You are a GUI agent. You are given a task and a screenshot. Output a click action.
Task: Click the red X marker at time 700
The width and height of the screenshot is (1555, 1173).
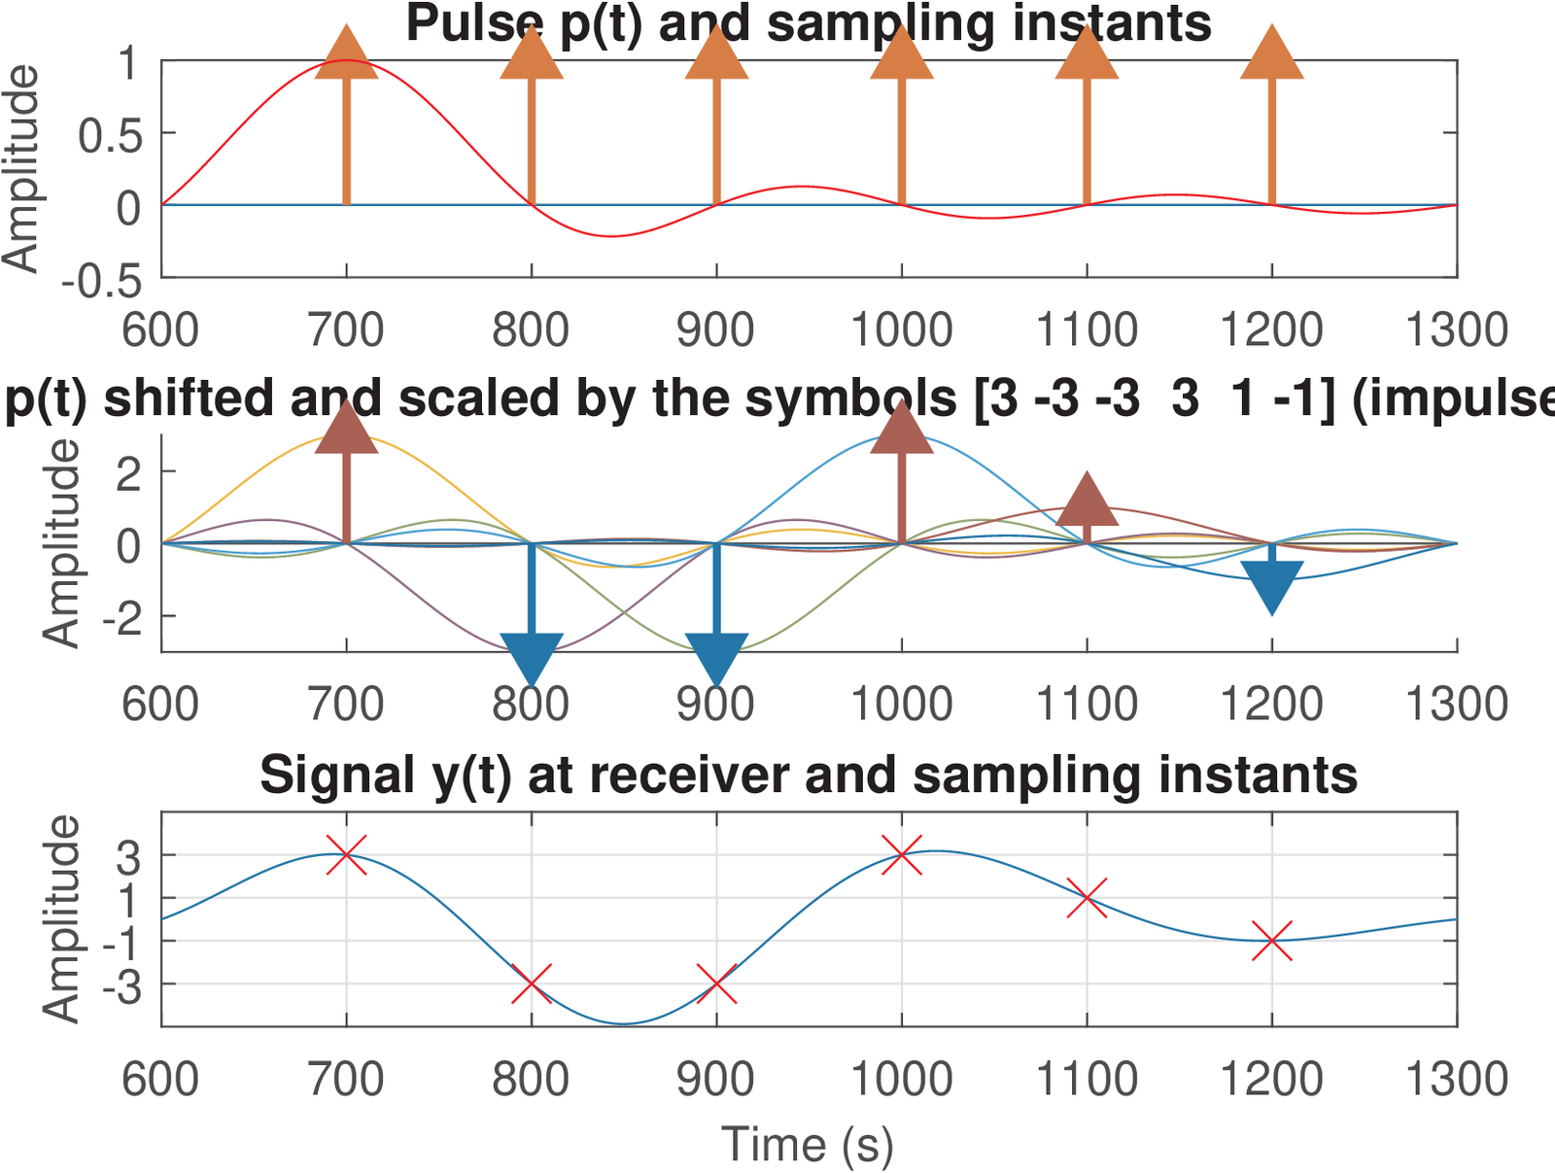[346, 855]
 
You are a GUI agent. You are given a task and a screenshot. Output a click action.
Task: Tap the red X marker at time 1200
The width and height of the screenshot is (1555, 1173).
[1271, 941]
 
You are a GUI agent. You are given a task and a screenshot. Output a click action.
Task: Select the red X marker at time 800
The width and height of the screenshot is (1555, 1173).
[531, 983]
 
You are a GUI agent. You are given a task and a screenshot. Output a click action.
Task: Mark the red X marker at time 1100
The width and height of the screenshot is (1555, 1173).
[1087, 897]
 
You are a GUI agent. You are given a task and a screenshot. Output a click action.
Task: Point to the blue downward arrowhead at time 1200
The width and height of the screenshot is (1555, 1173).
[1271, 586]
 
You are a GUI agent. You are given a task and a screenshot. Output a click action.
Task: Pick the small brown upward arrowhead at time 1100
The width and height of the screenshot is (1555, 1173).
[1087, 500]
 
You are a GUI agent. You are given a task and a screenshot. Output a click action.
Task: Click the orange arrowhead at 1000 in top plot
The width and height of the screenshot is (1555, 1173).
[902, 53]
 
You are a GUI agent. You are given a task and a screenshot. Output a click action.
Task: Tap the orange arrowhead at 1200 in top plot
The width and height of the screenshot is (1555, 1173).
[1271, 53]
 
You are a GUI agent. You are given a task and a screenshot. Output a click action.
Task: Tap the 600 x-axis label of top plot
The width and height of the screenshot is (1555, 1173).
[160, 330]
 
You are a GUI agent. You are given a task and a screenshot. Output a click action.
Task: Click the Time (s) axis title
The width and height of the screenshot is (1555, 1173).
[808, 1144]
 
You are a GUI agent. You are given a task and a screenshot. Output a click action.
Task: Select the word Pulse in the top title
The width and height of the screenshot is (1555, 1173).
[474, 23]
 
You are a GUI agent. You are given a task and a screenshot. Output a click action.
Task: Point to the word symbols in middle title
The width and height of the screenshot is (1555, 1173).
[853, 399]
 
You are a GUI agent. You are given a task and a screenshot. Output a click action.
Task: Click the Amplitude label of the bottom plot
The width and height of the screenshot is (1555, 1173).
[62, 918]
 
